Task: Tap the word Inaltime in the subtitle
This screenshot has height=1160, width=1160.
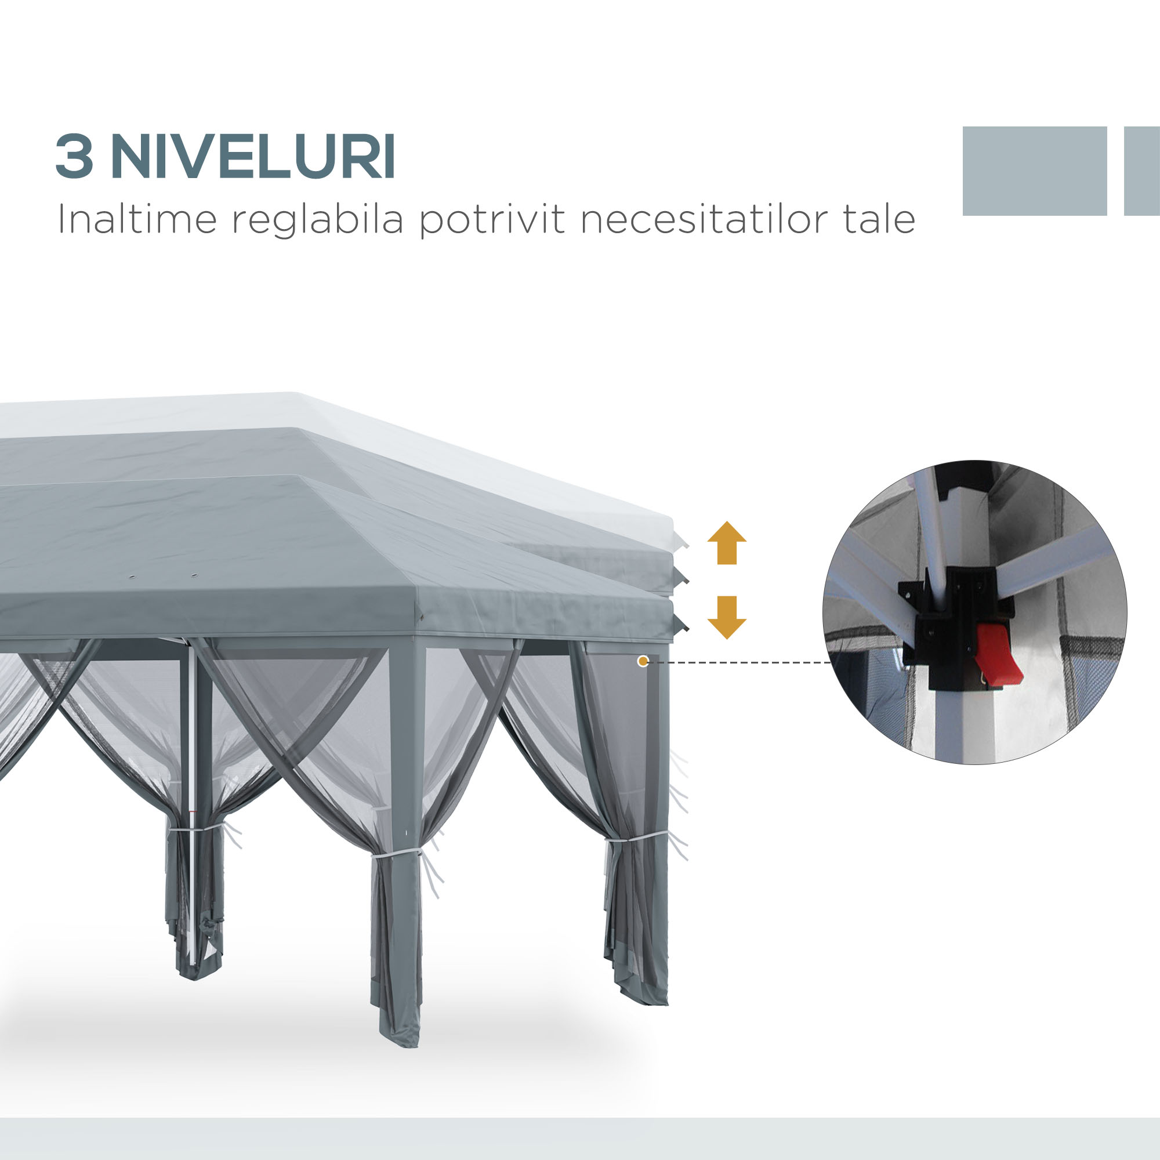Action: (137, 220)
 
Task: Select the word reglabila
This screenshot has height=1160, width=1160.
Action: (318, 221)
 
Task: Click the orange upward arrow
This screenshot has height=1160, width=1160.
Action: (727, 543)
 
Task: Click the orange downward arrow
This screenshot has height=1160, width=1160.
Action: (727, 617)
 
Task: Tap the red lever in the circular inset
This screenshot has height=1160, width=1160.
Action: (996, 658)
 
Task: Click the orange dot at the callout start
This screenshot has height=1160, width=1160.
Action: (643, 662)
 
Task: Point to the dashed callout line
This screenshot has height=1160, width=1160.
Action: (738, 662)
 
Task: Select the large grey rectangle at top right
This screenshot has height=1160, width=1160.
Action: (1034, 171)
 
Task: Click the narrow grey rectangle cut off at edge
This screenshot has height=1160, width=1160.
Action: (1142, 171)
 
